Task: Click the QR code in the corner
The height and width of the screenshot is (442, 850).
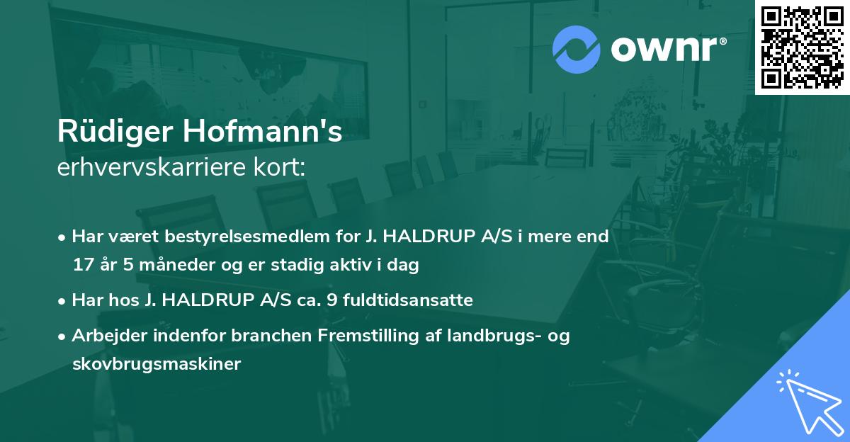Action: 802,47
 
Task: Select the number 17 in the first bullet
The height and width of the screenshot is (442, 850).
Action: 81,266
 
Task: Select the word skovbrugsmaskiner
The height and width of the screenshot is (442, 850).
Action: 157,364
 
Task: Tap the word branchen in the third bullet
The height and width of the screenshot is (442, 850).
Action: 270,336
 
